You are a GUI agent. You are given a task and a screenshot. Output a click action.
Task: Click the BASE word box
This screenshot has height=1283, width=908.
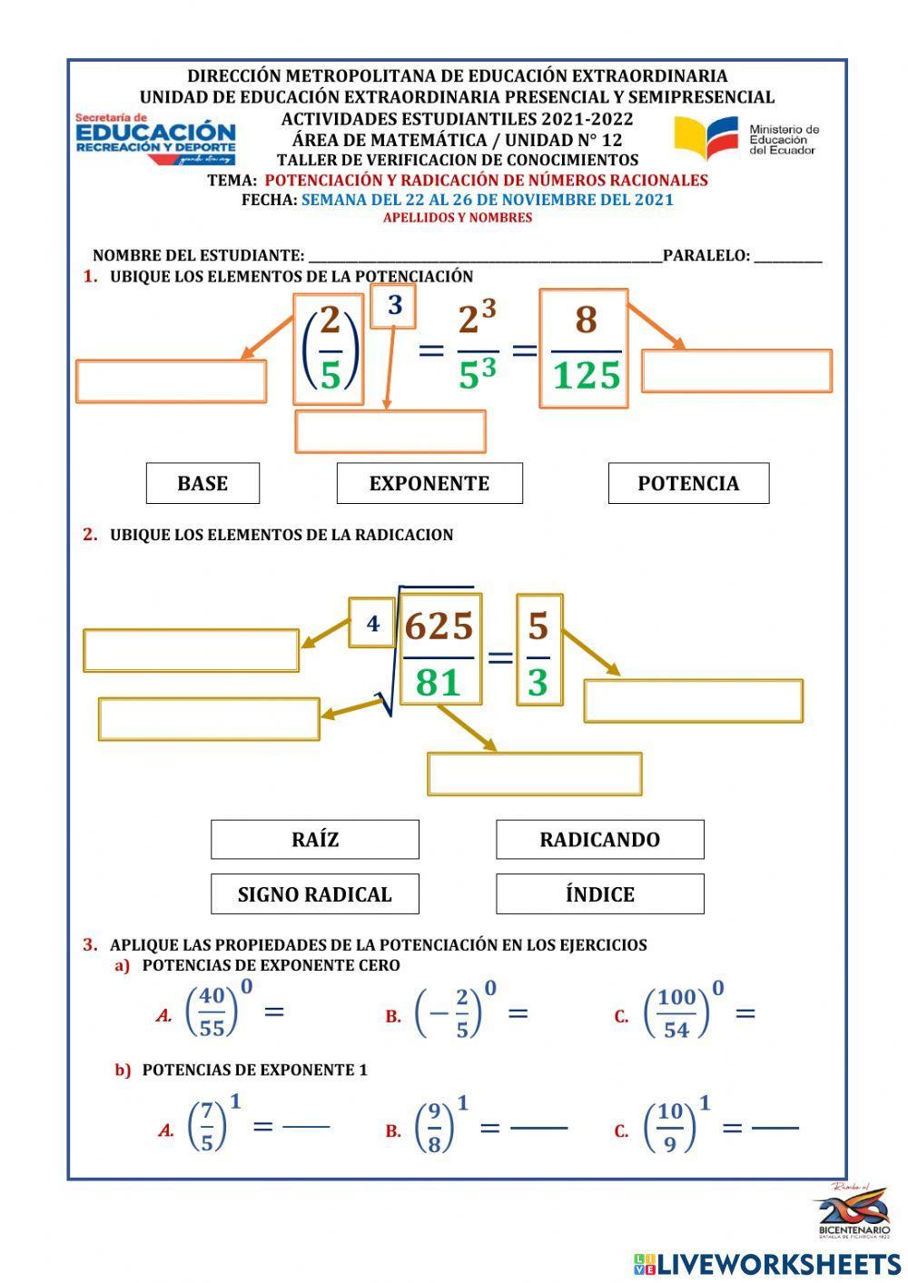pos(202,483)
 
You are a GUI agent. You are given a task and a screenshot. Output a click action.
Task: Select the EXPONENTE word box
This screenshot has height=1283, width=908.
pos(429,483)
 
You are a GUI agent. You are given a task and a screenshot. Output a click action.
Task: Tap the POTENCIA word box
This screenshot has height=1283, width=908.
pos(688,483)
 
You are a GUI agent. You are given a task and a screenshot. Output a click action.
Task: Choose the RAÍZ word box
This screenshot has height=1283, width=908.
pos(315,839)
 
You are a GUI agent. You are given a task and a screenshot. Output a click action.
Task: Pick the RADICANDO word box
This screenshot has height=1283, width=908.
pos(599,839)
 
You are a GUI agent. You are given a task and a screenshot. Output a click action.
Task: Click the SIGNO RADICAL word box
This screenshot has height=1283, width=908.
pos(315,893)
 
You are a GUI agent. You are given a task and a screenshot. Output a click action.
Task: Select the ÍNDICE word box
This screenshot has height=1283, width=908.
pos(599,893)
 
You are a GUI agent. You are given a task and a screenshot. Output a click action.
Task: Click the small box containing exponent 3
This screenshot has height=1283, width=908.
pos(394,306)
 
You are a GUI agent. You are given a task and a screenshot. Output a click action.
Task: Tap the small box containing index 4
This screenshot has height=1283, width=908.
pos(372,623)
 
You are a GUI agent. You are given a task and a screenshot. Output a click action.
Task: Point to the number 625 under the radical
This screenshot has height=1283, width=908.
pos(439,627)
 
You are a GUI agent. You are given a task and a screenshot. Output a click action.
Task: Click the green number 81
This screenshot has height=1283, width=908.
pos(439,681)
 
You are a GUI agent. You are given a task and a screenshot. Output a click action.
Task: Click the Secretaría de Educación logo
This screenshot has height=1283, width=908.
pos(155,139)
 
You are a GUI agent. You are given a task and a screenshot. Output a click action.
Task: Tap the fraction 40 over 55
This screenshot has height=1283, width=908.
pos(212,1012)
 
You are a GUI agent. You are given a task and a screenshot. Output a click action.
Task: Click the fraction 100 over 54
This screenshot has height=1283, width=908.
pos(676,1012)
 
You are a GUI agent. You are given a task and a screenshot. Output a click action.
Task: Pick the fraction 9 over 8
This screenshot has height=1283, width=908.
pos(434,1127)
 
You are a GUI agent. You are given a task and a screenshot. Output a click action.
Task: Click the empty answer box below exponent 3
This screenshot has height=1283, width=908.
pos(390,431)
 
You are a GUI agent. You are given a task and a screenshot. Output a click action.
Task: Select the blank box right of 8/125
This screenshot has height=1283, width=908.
pos(736,370)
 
